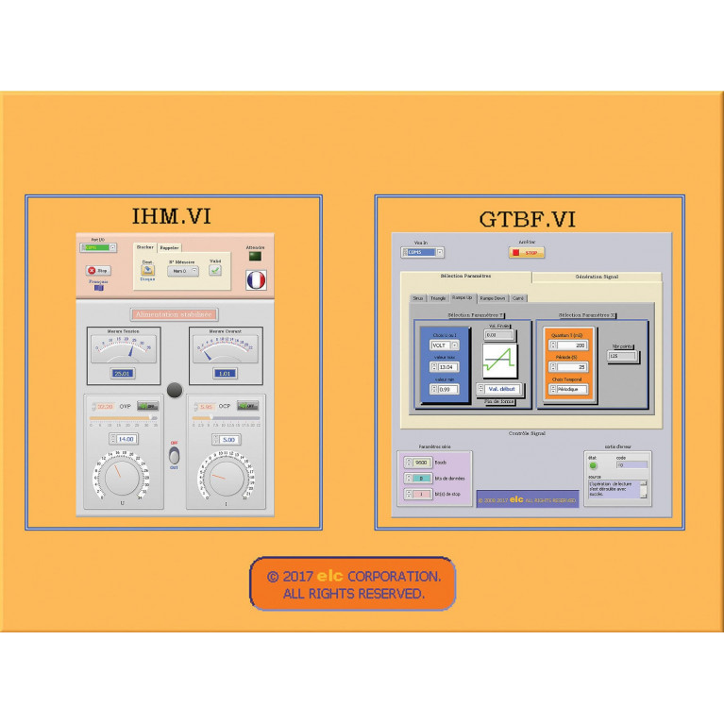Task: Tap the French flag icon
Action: (256, 280)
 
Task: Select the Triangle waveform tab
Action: (437, 297)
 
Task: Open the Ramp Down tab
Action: (493, 297)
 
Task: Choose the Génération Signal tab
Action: (596, 277)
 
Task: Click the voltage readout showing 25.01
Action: (123, 374)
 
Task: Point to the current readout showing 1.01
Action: (224, 374)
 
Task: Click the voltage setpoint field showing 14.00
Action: (126, 439)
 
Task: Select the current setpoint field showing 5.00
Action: (227, 439)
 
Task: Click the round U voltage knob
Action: (121, 478)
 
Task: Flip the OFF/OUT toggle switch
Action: (174, 456)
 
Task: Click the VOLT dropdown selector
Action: (444, 345)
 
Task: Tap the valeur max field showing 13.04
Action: (447, 366)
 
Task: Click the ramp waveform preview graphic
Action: (499, 362)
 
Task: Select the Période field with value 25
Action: (571, 367)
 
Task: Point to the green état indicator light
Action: (593, 465)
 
